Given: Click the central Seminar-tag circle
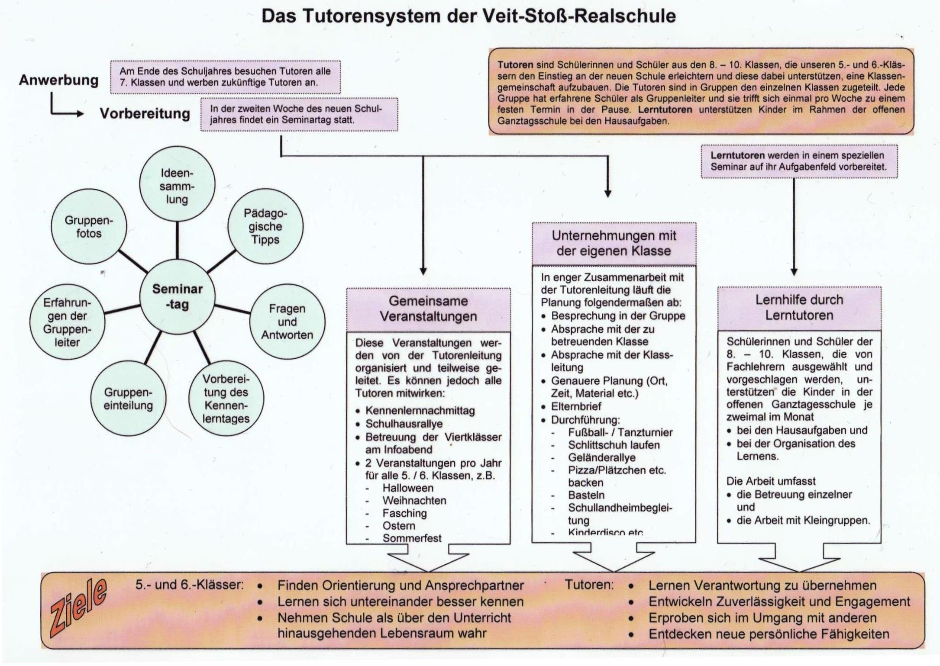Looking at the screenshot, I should [x=177, y=297].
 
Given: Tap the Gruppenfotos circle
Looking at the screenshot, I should [x=89, y=227].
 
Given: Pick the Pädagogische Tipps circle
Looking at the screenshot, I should [x=265, y=226].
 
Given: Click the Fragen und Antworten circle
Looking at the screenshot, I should [x=287, y=322].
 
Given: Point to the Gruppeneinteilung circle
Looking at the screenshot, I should [x=128, y=399].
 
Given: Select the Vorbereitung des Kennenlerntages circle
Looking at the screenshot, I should [x=226, y=399].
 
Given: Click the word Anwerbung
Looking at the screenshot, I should [x=58, y=80].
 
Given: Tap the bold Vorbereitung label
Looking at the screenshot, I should [x=145, y=113].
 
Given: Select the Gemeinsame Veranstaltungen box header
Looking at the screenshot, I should [x=428, y=309].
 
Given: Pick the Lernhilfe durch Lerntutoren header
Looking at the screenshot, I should [x=799, y=307].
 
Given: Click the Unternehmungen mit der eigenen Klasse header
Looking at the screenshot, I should [x=614, y=243].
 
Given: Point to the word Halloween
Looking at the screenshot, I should [x=408, y=488].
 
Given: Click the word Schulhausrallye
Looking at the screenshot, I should [x=404, y=424].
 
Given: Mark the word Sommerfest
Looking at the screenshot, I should [x=412, y=538].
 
